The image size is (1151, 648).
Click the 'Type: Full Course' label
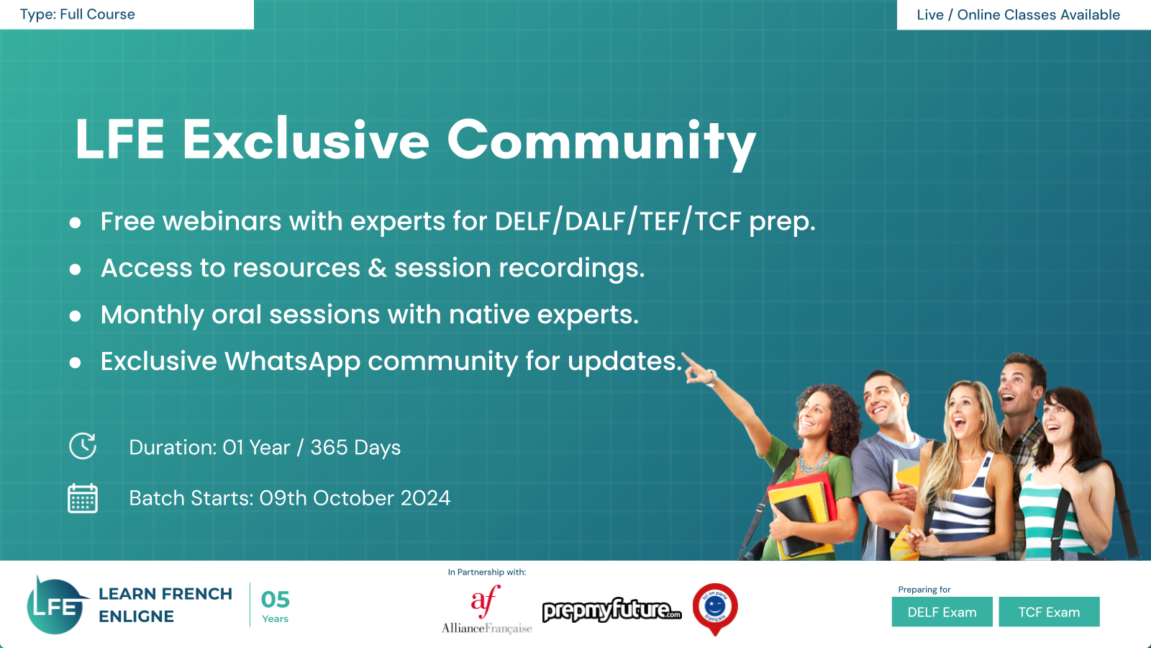coord(77,14)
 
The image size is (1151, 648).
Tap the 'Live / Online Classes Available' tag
coord(1018,14)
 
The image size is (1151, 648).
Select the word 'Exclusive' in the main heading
coord(306,140)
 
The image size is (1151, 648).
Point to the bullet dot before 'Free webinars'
coord(75,222)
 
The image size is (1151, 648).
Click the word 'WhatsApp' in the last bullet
coord(292,362)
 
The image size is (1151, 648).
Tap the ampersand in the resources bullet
coord(377,268)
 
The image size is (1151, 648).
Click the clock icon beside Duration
coord(83,446)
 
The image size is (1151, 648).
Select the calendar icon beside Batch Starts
coord(83,498)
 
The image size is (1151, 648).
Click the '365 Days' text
coord(355,447)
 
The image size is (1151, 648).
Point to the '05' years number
coord(275,600)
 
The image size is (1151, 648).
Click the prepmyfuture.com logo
coord(612,610)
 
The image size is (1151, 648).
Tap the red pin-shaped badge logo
coord(715,609)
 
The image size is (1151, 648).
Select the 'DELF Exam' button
coord(942,612)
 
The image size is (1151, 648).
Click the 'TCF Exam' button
coord(1049,612)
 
